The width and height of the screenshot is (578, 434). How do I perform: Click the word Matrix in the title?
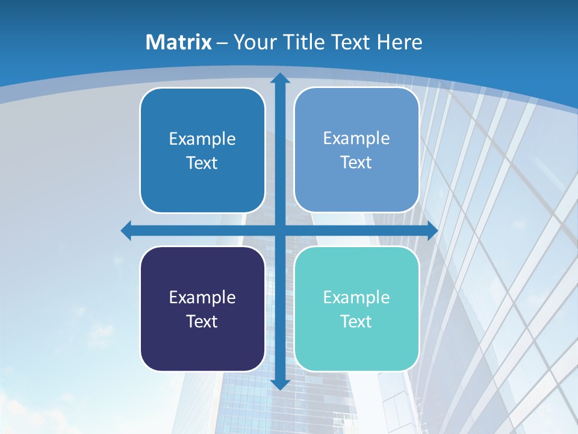[179, 42]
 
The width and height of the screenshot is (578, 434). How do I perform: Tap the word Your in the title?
[253, 42]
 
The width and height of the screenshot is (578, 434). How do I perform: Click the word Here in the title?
[400, 42]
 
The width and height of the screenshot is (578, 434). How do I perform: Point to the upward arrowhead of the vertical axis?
[280, 78]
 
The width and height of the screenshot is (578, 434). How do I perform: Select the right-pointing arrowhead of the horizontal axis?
[432, 230]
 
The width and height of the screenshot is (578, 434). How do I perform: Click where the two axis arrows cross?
[280, 230]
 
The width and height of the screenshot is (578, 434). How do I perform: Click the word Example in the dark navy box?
[202, 297]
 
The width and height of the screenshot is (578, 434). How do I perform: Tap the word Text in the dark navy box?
[202, 321]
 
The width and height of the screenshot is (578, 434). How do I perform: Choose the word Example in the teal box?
[356, 297]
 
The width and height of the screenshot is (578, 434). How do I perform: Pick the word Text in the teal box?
[356, 321]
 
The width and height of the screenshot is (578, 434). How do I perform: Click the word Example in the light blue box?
[356, 138]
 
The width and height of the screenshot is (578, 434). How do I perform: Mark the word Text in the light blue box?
[356, 162]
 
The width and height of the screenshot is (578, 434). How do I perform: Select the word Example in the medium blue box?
[202, 139]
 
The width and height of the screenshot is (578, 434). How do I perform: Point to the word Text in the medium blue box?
[202, 163]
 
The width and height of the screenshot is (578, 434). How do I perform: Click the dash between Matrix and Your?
[222, 43]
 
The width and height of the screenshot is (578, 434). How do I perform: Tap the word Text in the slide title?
[350, 42]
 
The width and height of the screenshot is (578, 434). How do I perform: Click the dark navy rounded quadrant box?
[202, 350]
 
